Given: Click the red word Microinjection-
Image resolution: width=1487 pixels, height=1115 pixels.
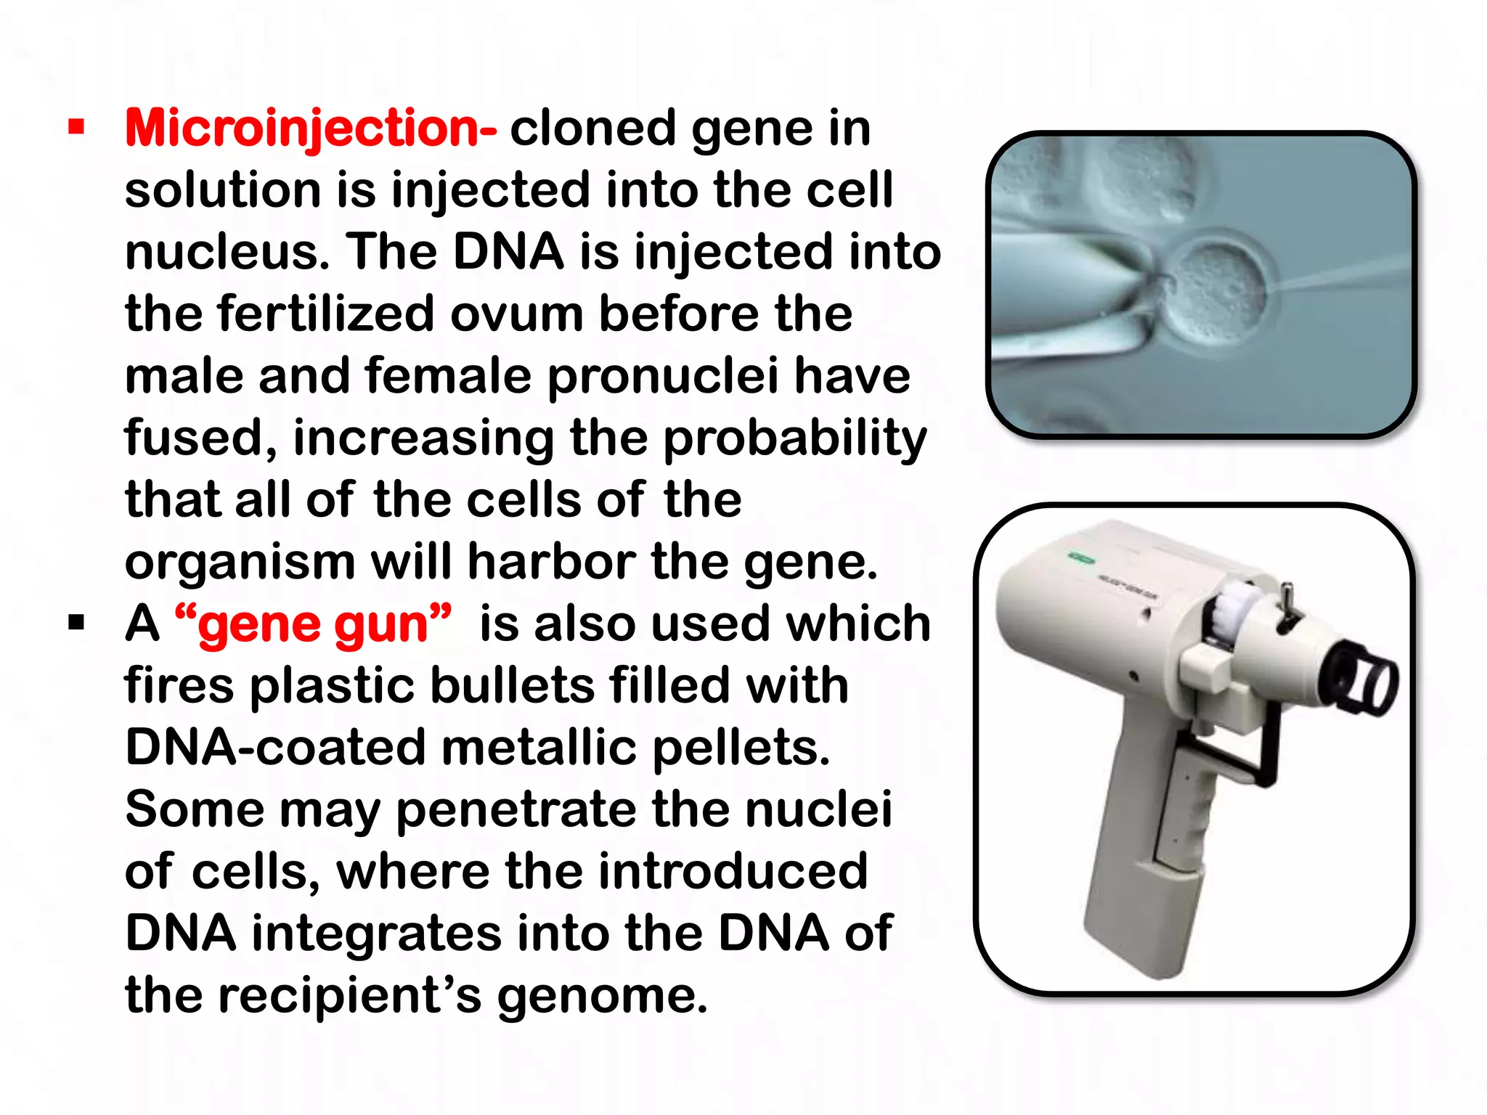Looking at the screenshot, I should pos(311,128).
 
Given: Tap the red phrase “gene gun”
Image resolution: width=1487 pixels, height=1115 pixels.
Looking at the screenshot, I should pos(313,624).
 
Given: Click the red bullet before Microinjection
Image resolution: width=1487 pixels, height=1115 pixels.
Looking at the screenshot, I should pos(76,128).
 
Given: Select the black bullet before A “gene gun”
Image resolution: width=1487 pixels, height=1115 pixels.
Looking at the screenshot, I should pos(76,623).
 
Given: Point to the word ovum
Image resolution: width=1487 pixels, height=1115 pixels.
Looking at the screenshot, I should pos(516,314).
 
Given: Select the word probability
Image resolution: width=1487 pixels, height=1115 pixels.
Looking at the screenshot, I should pos(795,439).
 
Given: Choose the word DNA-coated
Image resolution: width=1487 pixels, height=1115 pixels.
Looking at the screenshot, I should pos(275,748).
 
